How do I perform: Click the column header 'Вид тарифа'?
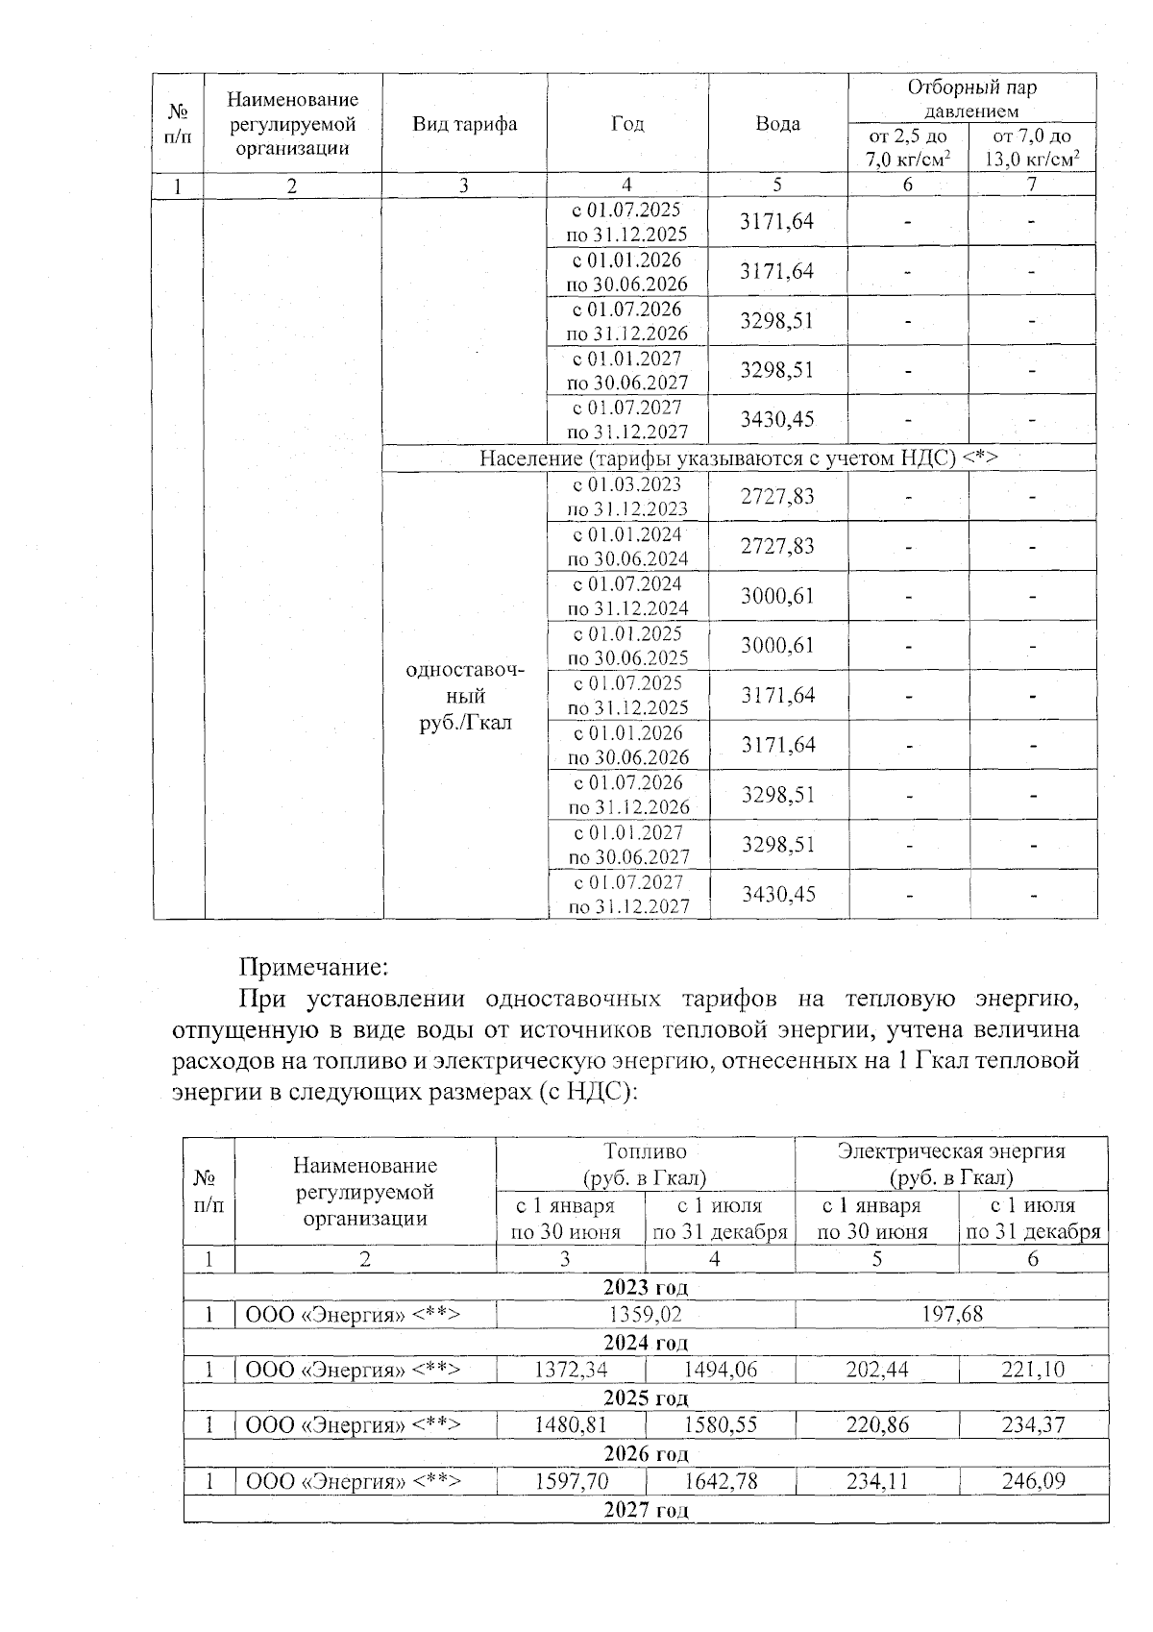pyautogui.click(x=464, y=124)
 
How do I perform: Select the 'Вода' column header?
pyautogui.click(x=777, y=124)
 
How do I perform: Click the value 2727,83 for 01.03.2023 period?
pyautogui.click(x=777, y=496)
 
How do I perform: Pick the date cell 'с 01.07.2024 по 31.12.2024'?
pyautogui.click(x=628, y=596)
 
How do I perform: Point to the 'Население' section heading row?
pyautogui.click(x=739, y=458)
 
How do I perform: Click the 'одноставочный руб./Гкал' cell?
pyautogui.click(x=466, y=696)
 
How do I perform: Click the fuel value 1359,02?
pyautogui.click(x=645, y=1314)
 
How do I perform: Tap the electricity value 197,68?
pyautogui.click(x=951, y=1314)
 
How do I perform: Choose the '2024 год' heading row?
pyautogui.click(x=645, y=1342)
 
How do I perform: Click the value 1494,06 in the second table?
pyautogui.click(x=720, y=1370)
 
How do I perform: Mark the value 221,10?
pyautogui.click(x=1033, y=1370)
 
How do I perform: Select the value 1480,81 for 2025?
pyautogui.click(x=571, y=1425)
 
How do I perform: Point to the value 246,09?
pyautogui.click(x=1033, y=1481)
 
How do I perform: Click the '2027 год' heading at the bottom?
pyautogui.click(x=645, y=1509)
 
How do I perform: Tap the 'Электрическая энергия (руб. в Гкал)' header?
pyautogui.click(x=951, y=1164)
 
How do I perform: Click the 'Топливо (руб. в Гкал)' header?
pyautogui.click(x=645, y=1164)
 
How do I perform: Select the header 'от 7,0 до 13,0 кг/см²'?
pyautogui.click(x=1032, y=148)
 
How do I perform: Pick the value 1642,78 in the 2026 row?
pyautogui.click(x=720, y=1481)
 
